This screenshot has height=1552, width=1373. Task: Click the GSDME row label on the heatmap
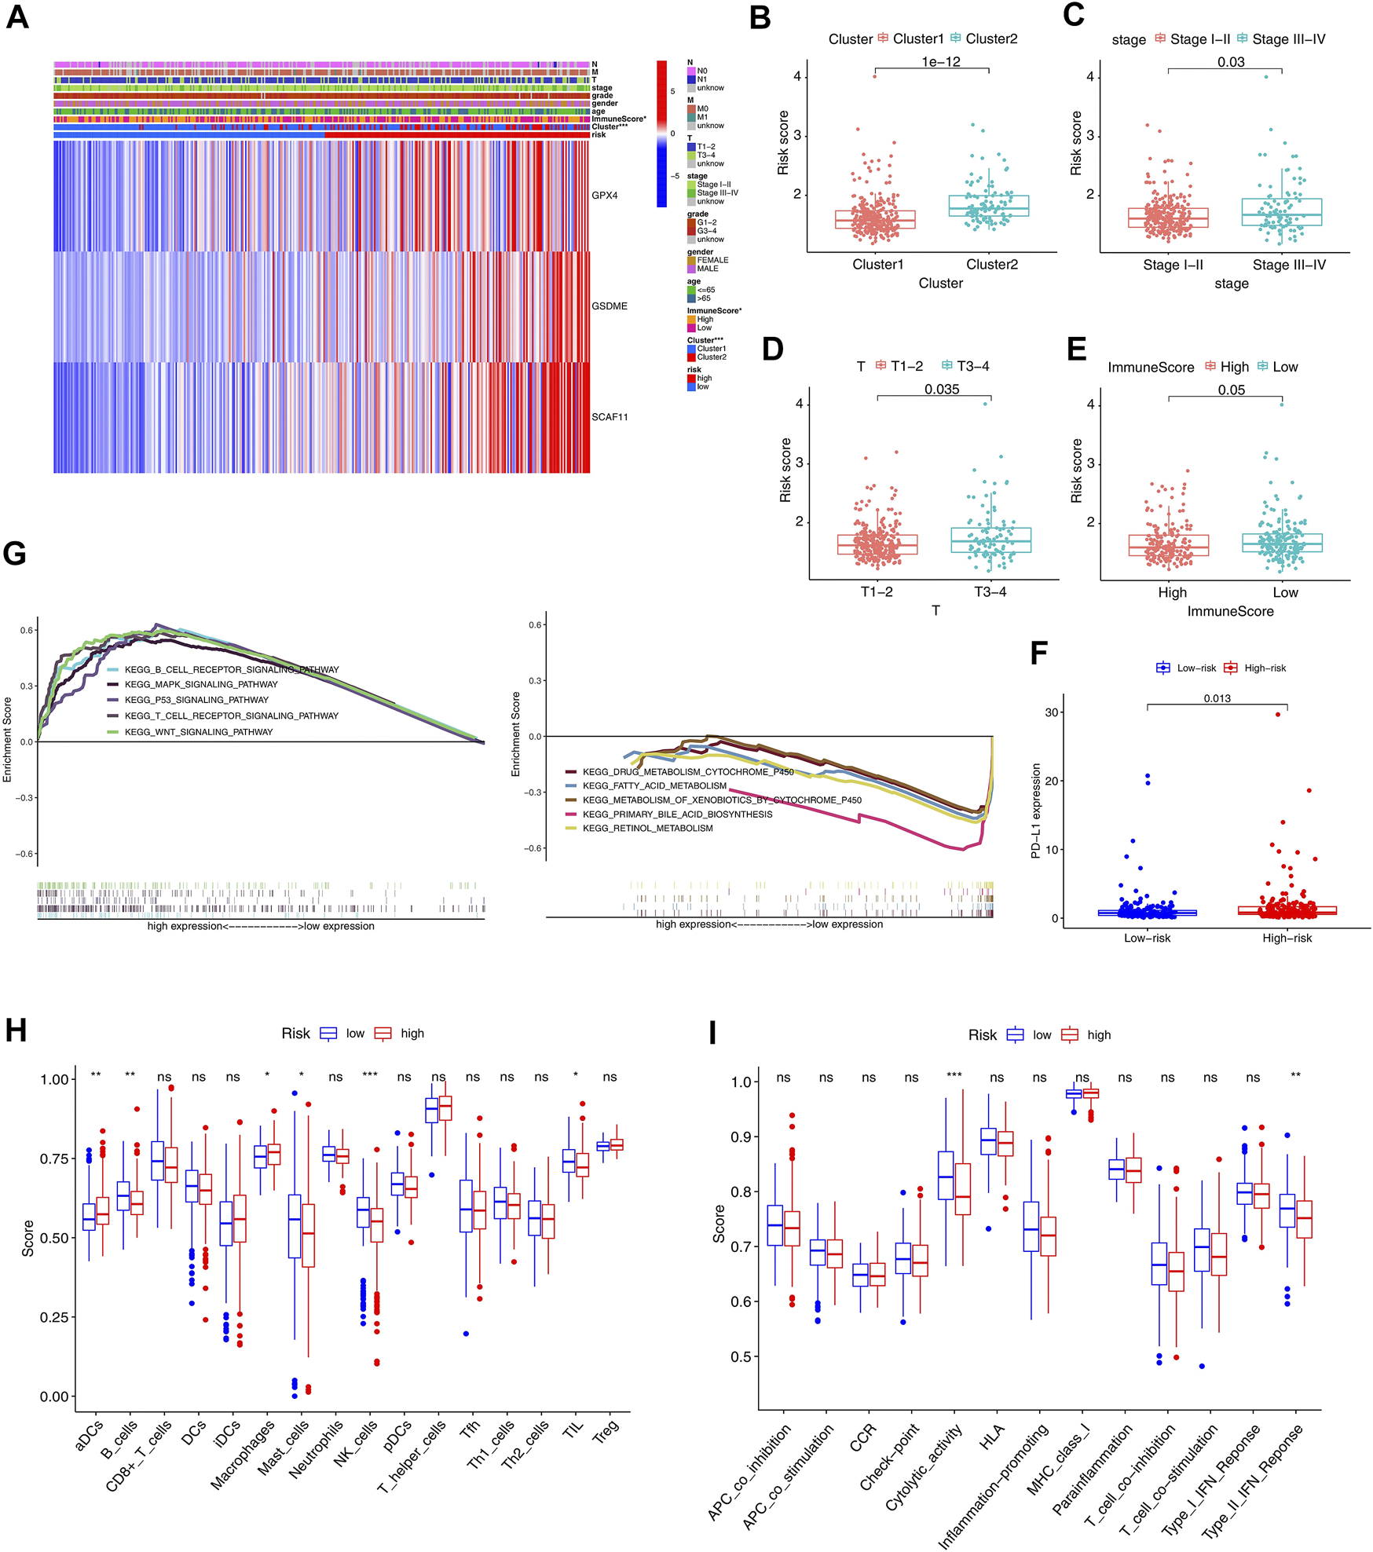tap(610, 306)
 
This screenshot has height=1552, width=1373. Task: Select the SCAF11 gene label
tap(610, 417)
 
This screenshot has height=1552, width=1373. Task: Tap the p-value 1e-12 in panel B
tap(941, 62)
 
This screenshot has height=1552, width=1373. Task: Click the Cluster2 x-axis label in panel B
tap(991, 265)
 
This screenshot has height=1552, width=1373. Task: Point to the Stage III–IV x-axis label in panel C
tap(1289, 265)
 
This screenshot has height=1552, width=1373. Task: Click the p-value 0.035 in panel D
tap(942, 390)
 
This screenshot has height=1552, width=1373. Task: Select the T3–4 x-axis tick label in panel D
tap(990, 592)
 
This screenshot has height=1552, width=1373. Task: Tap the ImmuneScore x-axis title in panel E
tap(1230, 611)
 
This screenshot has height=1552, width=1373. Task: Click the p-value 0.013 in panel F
tap(1217, 698)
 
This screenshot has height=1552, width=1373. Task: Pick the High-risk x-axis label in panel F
tap(1287, 938)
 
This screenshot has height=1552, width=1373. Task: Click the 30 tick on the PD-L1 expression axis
tap(1052, 712)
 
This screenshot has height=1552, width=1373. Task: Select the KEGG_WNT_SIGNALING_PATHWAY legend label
tap(199, 732)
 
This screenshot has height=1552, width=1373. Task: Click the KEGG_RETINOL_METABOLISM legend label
tap(647, 828)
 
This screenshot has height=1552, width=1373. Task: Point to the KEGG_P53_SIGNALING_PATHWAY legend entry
tap(196, 700)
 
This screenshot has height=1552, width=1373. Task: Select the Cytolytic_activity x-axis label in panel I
tap(924, 1466)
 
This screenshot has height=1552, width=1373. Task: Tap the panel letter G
tap(15, 553)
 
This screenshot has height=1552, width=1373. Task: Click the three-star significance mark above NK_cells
tap(369, 1076)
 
